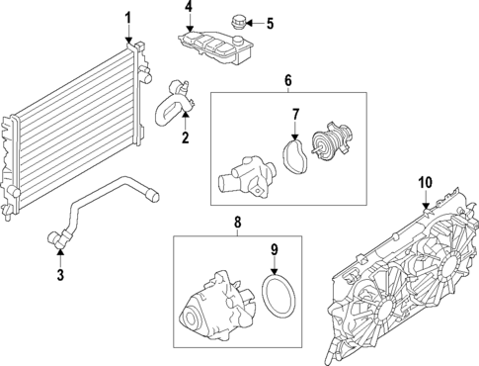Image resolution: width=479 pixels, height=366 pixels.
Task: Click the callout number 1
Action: pyautogui.click(x=126, y=18)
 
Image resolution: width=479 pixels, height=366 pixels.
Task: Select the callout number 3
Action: pyautogui.click(x=59, y=274)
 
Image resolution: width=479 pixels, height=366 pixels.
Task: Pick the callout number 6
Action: pyautogui.click(x=288, y=79)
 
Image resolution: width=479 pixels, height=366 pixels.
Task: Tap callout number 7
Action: pyautogui.click(x=294, y=115)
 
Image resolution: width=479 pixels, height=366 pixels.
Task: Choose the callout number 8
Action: pyautogui.click(x=238, y=224)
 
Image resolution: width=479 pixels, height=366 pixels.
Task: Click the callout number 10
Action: pyautogui.click(x=425, y=182)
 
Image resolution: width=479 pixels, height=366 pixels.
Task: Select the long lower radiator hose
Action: pyautogui.click(x=99, y=203)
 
